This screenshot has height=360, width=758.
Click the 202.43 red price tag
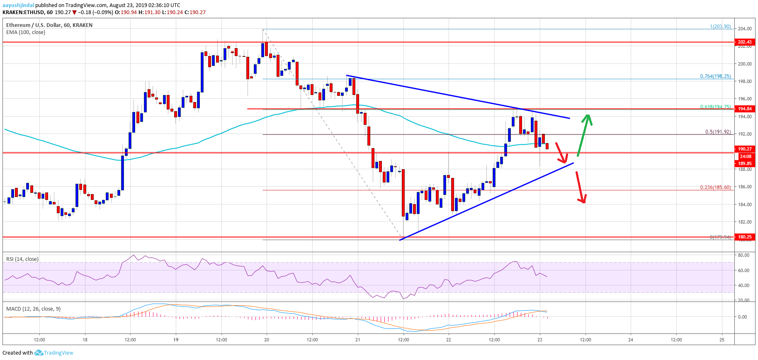pos(744,42)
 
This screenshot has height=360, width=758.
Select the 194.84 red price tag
pos(744,109)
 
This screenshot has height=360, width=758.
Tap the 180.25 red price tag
pos(744,237)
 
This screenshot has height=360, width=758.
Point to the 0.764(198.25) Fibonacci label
pos(715,76)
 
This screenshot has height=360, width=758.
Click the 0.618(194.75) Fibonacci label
pos(715,107)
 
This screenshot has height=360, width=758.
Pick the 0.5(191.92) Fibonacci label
pos(718,132)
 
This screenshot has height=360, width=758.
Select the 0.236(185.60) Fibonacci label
pos(715,187)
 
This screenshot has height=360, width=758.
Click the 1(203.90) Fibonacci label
pos(720,27)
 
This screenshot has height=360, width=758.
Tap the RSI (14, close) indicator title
pos(22,259)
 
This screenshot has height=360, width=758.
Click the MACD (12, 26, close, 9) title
pos(33,309)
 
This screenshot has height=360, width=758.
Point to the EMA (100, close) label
pos(26,32)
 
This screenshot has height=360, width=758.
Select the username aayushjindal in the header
pos(18,5)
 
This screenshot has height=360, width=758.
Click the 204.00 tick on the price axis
pos(744,29)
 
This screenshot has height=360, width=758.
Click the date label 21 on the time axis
pos(358,340)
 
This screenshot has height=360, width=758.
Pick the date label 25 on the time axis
pos(722,340)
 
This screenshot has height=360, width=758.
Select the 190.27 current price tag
pos(744,149)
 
